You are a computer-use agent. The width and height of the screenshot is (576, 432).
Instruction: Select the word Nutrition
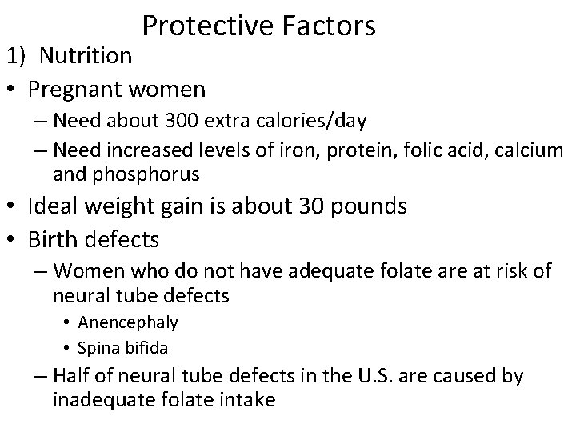[x=86, y=57]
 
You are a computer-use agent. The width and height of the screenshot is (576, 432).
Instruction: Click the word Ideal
[x=50, y=206]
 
